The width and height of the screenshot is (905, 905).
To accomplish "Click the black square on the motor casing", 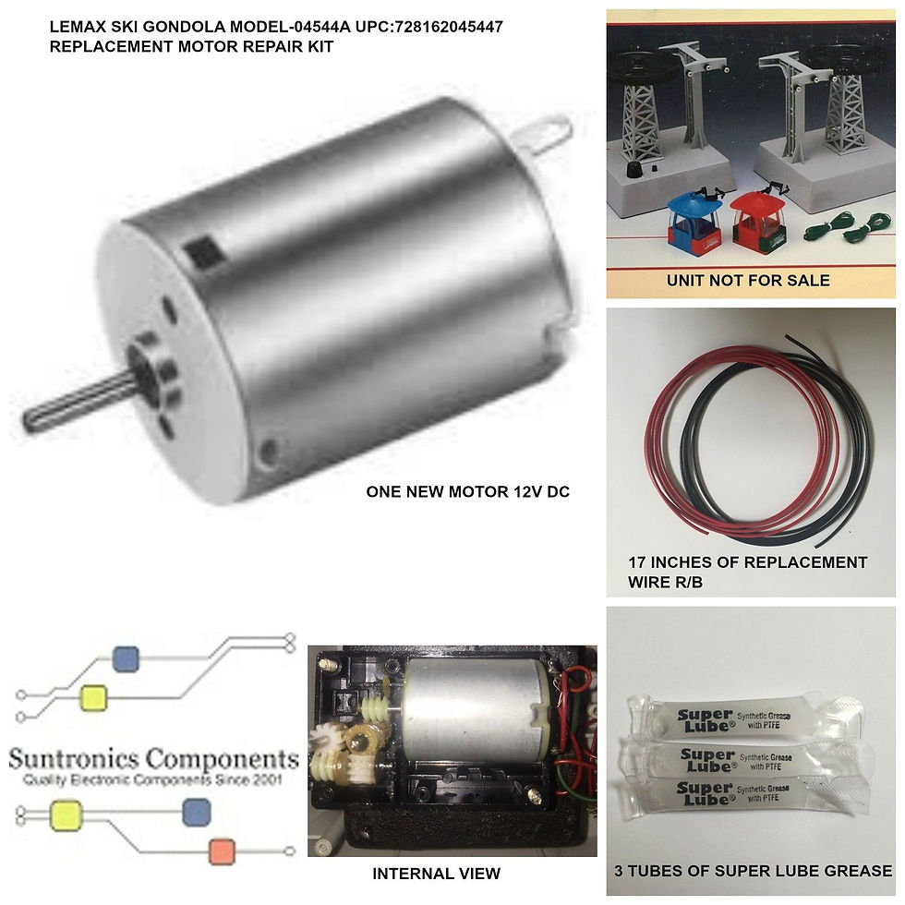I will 197,249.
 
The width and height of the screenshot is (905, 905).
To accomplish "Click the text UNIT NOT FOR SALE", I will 748,280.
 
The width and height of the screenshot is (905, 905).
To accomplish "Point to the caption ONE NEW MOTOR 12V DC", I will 467,491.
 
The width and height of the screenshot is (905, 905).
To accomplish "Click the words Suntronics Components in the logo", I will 153,759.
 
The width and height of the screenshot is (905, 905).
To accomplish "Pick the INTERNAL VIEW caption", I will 436,873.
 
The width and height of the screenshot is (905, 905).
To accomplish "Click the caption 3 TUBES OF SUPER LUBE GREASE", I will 753,870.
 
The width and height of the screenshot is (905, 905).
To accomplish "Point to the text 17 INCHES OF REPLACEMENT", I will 747,562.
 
